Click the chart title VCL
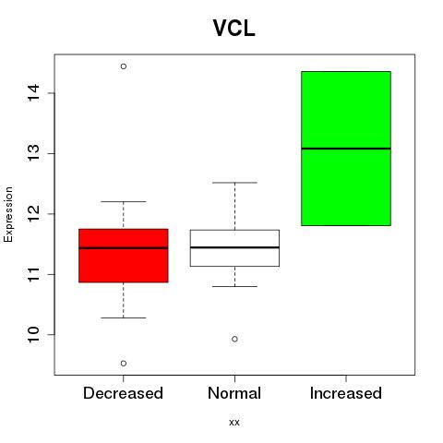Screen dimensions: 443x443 234,28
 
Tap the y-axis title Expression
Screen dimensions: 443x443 8,214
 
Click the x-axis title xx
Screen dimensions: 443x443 234,422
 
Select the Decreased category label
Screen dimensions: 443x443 123,393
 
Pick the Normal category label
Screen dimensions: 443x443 234,393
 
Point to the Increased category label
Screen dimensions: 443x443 346,393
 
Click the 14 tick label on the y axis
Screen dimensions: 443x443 34,92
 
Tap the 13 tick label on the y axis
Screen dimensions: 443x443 34,153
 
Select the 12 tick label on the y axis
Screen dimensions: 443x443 34,213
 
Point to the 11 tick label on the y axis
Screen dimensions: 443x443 34,274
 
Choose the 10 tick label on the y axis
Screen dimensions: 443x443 34,334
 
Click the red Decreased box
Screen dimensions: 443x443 124,256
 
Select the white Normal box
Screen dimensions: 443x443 234,248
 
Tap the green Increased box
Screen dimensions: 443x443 346,149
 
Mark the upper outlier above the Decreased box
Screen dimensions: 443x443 124,66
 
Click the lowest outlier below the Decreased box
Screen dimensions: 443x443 124,364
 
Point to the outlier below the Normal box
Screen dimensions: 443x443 234,339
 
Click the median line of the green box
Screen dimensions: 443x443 346,149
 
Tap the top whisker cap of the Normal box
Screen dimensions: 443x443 234,183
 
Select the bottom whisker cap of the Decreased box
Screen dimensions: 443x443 124,317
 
